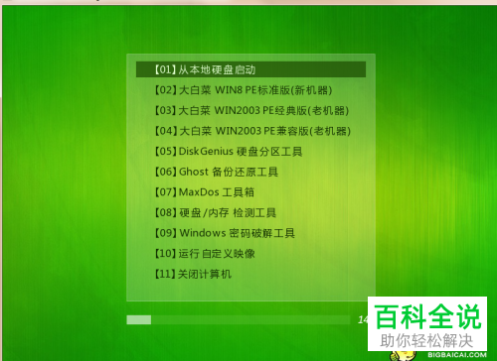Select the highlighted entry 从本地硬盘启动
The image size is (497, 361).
(214, 69)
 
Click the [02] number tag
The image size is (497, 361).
(165, 90)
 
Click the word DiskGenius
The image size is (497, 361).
(208, 152)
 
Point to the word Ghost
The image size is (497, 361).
(196, 172)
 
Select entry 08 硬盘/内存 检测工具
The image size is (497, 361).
(229, 212)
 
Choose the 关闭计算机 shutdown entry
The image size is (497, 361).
(205, 274)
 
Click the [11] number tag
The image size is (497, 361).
(165, 274)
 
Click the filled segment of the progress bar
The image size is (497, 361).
(139, 319)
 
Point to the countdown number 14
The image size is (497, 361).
(362, 319)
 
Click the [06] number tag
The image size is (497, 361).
(165, 172)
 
